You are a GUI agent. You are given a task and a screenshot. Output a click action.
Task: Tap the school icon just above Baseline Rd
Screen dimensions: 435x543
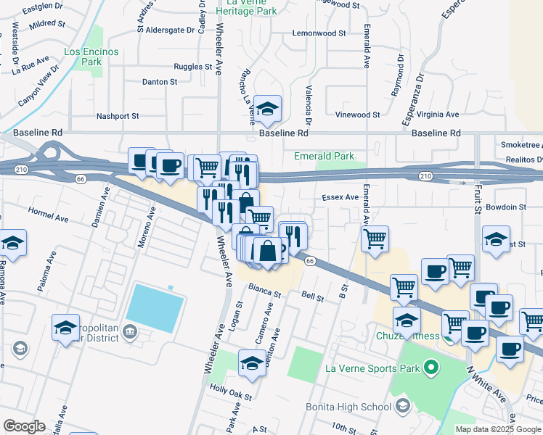pos(268,109)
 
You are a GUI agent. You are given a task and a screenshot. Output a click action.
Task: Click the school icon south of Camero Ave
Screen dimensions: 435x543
pos(252,362)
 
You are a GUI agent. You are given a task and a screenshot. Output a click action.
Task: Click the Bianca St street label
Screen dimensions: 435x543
pos(265,291)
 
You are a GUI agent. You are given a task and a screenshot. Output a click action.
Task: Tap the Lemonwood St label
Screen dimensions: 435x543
pos(319,33)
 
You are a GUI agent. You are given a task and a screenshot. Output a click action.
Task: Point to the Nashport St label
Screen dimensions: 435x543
pos(118,116)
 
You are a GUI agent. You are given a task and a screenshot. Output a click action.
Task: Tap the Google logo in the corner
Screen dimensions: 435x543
pos(24,426)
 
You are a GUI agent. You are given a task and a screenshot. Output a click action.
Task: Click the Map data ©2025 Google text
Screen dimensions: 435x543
pos(498,429)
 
